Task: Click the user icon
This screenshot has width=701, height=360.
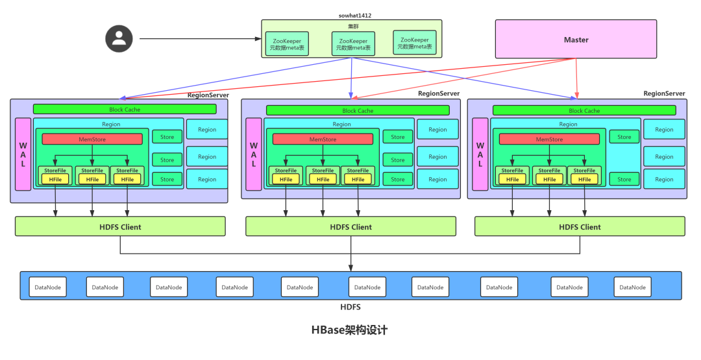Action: point(119,38)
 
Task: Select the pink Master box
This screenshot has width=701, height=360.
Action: point(576,40)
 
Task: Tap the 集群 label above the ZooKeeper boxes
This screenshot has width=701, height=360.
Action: point(351,25)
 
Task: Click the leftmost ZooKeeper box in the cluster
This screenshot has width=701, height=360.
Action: point(288,44)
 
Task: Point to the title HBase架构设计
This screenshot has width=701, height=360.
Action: point(349,330)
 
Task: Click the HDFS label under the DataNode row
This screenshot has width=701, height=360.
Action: point(350,307)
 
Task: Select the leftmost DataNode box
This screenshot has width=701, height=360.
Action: point(47,287)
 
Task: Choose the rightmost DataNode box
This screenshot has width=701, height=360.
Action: point(633,287)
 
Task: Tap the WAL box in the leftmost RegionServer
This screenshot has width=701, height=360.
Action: point(23,154)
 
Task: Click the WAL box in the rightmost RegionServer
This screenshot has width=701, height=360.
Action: point(480,154)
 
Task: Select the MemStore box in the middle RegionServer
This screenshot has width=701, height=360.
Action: point(323,139)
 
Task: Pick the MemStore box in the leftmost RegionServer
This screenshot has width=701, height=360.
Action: point(92,139)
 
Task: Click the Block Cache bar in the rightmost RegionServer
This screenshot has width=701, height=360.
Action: point(584,110)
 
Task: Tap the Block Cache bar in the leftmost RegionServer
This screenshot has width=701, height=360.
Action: point(123,109)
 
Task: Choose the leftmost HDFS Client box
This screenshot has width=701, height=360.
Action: point(120,226)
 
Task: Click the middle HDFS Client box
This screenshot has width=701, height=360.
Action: point(350,226)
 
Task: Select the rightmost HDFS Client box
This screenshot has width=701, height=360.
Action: point(580,226)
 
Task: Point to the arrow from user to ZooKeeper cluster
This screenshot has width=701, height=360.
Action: point(195,39)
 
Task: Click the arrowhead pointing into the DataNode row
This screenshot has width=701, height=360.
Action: point(351,267)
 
